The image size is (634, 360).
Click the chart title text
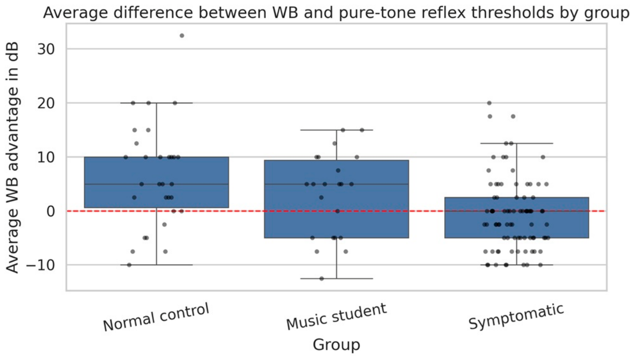(x=336, y=13)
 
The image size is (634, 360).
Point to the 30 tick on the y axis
(x=46, y=49)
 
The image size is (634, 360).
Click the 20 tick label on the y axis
(x=46, y=103)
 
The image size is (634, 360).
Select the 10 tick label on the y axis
(x=46, y=157)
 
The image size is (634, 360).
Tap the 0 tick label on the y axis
(x=51, y=211)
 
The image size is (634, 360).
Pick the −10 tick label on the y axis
(x=41, y=266)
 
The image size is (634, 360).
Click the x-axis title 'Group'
(x=336, y=345)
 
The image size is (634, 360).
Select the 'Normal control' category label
(x=156, y=317)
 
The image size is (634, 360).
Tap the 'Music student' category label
(x=336, y=316)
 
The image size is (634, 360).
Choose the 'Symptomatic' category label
(x=516, y=316)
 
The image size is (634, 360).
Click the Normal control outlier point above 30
(x=182, y=36)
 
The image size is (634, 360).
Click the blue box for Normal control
(x=157, y=182)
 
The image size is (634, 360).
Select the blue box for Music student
(x=336, y=199)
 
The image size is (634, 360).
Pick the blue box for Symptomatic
(x=517, y=217)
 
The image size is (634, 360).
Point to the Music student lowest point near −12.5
(x=322, y=279)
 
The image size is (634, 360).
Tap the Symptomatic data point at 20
(x=489, y=103)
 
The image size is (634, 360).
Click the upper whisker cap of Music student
(x=336, y=130)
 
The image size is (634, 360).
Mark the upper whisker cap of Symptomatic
(x=517, y=144)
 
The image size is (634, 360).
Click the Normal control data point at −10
(x=129, y=265)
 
